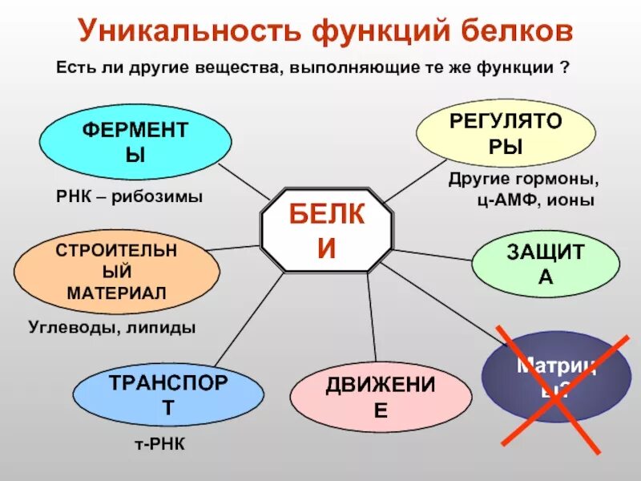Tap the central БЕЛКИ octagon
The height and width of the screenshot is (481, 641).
(x=326, y=231)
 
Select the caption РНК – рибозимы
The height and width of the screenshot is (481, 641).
(x=129, y=196)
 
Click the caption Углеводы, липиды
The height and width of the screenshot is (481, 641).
(x=112, y=327)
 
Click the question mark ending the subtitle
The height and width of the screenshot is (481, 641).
(x=565, y=69)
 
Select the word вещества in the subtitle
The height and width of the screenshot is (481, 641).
(x=236, y=69)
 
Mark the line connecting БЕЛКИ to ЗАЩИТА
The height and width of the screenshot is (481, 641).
(x=433, y=253)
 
